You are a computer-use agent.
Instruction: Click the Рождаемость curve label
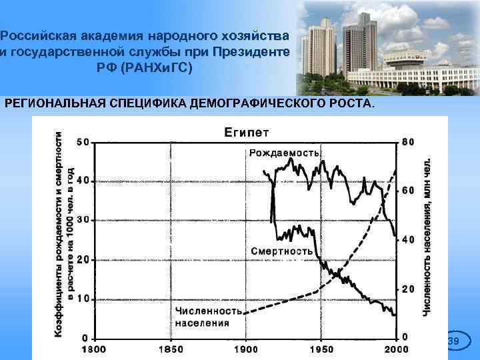(285, 153)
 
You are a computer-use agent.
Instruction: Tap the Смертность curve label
(282, 251)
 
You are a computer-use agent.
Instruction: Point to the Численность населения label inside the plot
(207, 317)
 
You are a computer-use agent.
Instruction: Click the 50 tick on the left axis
(83, 142)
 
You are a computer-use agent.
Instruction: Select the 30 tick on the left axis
(83, 220)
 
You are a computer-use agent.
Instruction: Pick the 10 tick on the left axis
(83, 299)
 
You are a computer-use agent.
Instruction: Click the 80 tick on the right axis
(407, 142)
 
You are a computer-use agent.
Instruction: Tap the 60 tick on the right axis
(407, 191)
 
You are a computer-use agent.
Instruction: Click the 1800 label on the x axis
(95, 349)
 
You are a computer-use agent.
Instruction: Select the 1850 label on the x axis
(171, 349)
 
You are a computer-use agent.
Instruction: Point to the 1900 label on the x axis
(246, 349)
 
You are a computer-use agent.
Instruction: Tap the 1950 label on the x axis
(321, 349)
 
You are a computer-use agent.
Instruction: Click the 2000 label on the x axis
(396, 349)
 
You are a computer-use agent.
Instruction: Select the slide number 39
(453, 342)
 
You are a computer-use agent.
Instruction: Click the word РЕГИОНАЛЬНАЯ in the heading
(50, 105)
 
